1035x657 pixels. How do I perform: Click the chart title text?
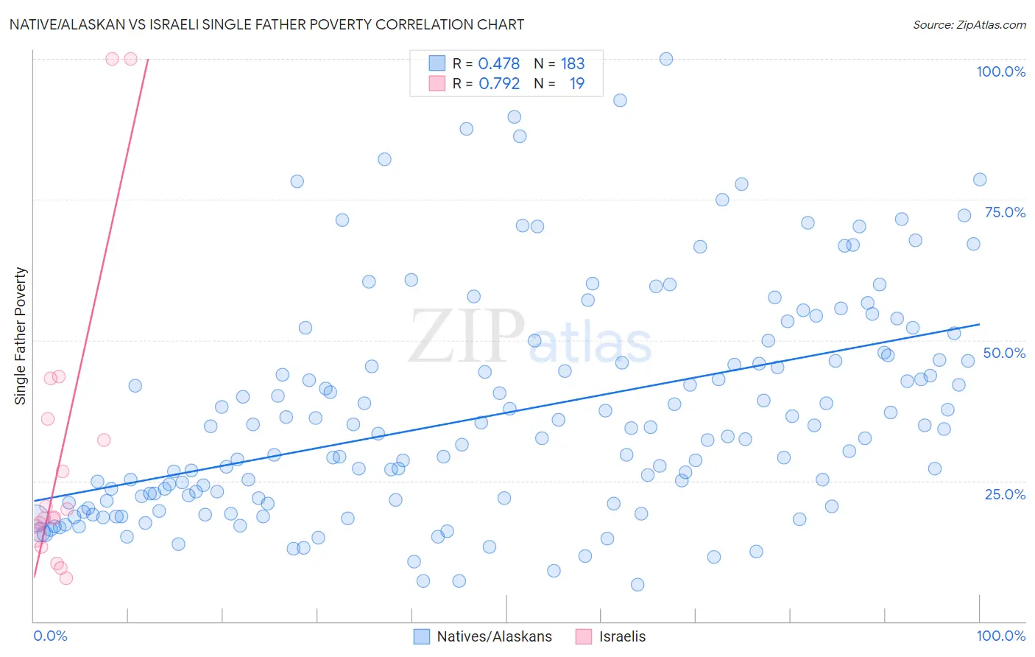266,24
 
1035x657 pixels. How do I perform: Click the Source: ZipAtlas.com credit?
969,24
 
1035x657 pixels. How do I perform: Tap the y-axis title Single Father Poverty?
21,336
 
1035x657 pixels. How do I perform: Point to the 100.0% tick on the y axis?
1000,71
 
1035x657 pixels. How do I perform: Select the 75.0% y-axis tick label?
1005,212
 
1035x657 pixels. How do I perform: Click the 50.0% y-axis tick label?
1004,353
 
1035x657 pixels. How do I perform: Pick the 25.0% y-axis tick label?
1005,493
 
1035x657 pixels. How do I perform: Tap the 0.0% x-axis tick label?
50,636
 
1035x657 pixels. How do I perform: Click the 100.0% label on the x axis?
1000,636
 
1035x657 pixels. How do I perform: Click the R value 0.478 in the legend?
498,64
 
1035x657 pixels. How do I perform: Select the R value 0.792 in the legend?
499,84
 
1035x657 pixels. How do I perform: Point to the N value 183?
572,64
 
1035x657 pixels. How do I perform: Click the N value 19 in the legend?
576,84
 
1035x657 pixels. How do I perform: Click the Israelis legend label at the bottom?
622,636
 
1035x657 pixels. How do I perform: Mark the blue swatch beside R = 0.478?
437,63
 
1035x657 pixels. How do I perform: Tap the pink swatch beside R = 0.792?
437,83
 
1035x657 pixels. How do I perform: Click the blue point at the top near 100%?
666,59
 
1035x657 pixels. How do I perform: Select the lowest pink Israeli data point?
66,578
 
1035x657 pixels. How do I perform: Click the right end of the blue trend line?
980,324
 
